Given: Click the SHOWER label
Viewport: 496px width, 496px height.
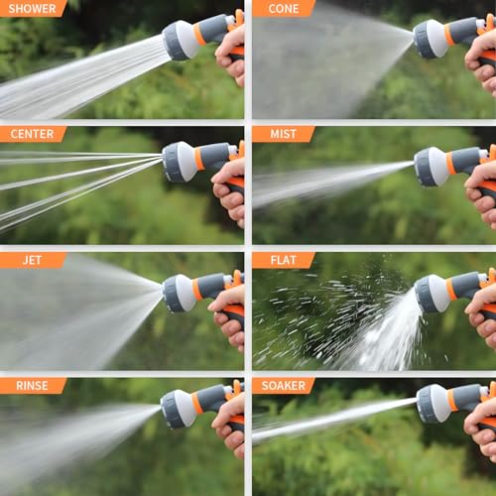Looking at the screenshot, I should tap(32, 9).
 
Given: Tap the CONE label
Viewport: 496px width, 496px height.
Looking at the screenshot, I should tap(282, 9).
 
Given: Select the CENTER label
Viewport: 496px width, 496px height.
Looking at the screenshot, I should tap(32, 134).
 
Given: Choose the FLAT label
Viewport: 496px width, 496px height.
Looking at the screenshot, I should tap(282, 260).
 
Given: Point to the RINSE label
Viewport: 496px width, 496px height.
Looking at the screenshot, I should tap(32, 385).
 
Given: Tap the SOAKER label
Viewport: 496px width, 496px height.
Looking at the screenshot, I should tap(283, 385).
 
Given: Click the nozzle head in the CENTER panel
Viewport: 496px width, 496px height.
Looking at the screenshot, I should tap(180, 161).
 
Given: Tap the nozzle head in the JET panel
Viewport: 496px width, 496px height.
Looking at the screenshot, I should tap(180, 293).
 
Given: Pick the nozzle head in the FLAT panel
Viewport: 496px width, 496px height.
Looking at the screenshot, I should tap(432, 294).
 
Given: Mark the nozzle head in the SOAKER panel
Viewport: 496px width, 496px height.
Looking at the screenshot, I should tap(433, 403).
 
